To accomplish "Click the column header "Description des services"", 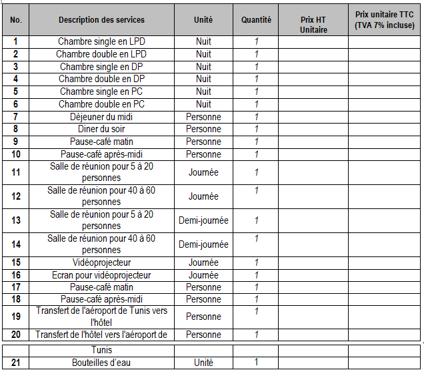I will [101, 21].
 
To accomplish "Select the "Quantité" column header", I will [256, 21].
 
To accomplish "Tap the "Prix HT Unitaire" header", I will [313, 25].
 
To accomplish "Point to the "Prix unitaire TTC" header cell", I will [384, 19].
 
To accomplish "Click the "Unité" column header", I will [203, 21].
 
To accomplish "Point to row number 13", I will [16, 220].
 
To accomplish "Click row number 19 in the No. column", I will [16, 317].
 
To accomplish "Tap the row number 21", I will [16, 363].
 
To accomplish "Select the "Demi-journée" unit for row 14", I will [203, 244].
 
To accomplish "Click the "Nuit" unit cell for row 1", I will [203, 41].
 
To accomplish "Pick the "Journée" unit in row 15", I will [203, 262].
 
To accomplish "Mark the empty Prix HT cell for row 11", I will [313, 172].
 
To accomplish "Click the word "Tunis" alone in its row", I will [101, 350].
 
